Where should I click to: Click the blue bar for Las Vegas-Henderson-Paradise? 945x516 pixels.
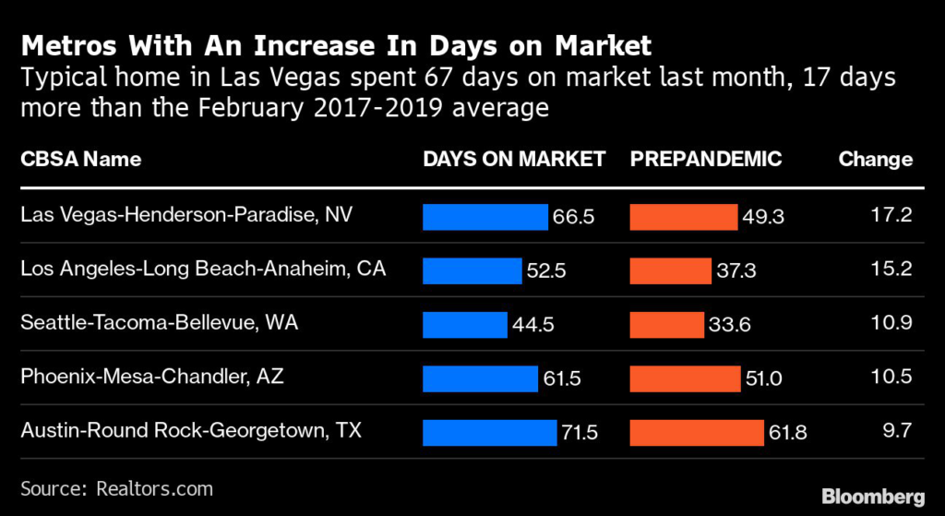pos(484,216)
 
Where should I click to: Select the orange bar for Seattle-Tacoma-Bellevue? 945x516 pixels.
pos(665,324)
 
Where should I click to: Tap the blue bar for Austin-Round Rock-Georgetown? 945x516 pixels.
pos(490,432)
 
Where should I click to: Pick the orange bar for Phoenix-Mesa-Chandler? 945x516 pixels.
pos(685,378)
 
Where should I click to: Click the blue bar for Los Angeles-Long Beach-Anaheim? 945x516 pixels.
pos(472,270)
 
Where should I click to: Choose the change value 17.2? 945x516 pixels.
pos(892,216)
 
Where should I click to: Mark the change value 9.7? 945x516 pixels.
pos(897,432)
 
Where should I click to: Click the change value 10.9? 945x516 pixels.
pos(891,324)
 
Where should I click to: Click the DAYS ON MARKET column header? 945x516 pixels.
pos(514,159)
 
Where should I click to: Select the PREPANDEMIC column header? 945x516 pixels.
pos(706,159)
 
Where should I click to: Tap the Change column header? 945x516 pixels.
pos(875,159)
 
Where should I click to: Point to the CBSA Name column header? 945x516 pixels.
pos(80,159)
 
